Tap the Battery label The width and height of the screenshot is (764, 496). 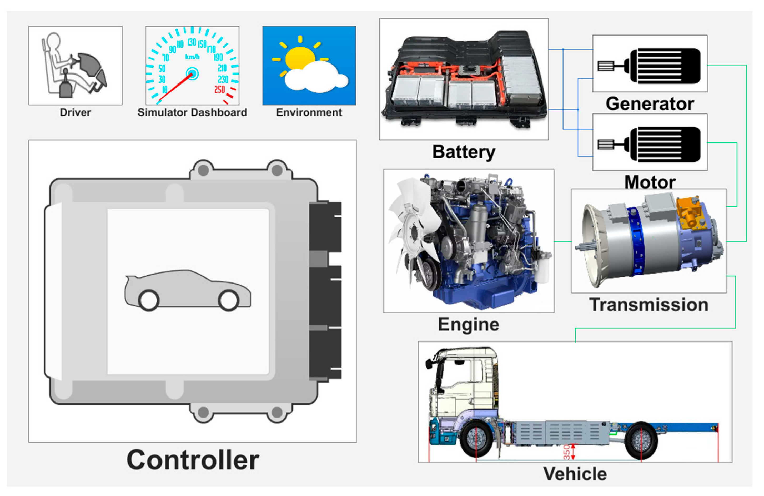click(x=464, y=152)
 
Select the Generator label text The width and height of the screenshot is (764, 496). click(x=650, y=104)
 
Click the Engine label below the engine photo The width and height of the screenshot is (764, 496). click(x=469, y=324)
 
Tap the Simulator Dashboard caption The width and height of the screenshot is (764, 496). click(x=192, y=112)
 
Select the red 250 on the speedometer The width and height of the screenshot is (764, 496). click(x=220, y=89)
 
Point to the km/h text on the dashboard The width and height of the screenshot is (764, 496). click(x=192, y=57)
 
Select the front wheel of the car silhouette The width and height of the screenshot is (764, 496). click(x=229, y=300)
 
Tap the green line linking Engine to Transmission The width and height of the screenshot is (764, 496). click(x=562, y=241)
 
